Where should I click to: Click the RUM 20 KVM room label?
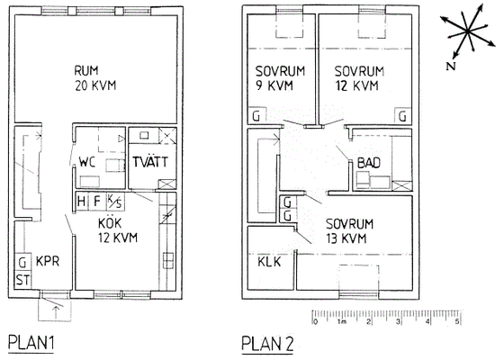pyautogui.click(x=95, y=78)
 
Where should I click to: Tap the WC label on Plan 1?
pyautogui.click(x=87, y=162)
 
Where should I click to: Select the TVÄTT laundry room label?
pyautogui.click(x=150, y=162)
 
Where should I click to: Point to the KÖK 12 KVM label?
pyautogui.click(x=118, y=230)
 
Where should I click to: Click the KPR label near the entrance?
pyautogui.click(x=48, y=261)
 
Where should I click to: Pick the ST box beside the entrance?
pyautogui.click(x=22, y=281)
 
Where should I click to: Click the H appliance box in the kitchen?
pyautogui.click(x=82, y=202)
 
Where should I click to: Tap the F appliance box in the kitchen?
pyautogui.click(x=97, y=202)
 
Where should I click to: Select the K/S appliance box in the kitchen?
pyautogui.click(x=115, y=202)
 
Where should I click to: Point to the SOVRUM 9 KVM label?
pyautogui.click(x=280, y=78)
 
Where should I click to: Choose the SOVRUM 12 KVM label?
pyautogui.click(x=359, y=78)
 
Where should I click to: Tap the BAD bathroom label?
pyautogui.click(x=369, y=163)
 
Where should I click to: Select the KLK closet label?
pyautogui.click(x=269, y=262)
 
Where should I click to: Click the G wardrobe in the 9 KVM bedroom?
pyautogui.click(x=256, y=116)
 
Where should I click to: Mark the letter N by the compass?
pyautogui.click(x=451, y=67)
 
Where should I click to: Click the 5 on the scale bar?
pyautogui.click(x=458, y=322)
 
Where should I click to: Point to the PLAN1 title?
pyautogui.click(x=31, y=343)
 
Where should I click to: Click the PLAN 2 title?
pyautogui.click(x=267, y=343)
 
